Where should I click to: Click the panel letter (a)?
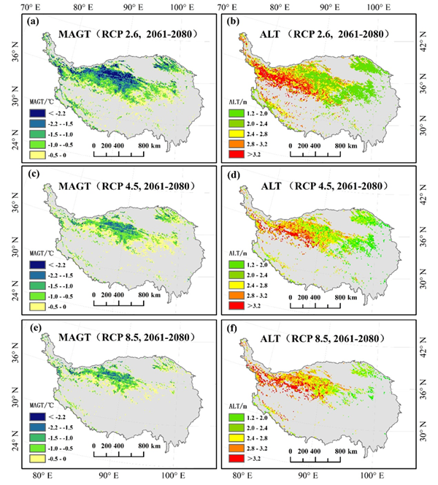[34, 21]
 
